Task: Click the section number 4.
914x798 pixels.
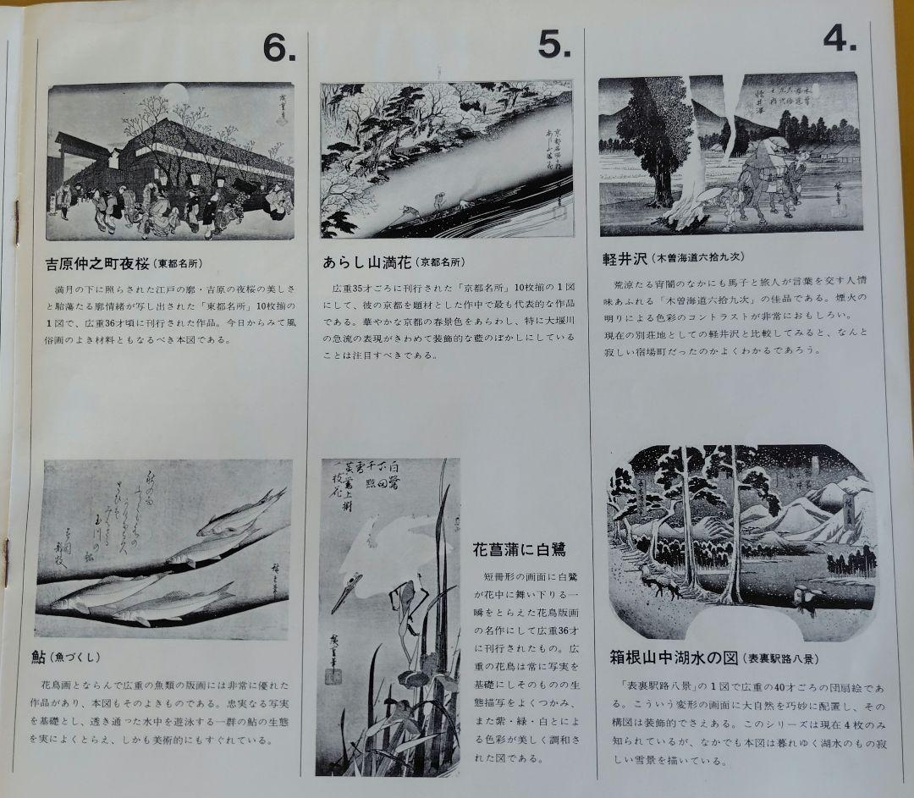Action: point(840,38)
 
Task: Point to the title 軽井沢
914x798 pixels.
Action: point(620,256)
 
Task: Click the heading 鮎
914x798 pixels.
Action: point(40,656)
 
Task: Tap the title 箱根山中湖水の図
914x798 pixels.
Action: point(674,657)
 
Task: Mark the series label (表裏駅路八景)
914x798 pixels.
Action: point(780,658)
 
